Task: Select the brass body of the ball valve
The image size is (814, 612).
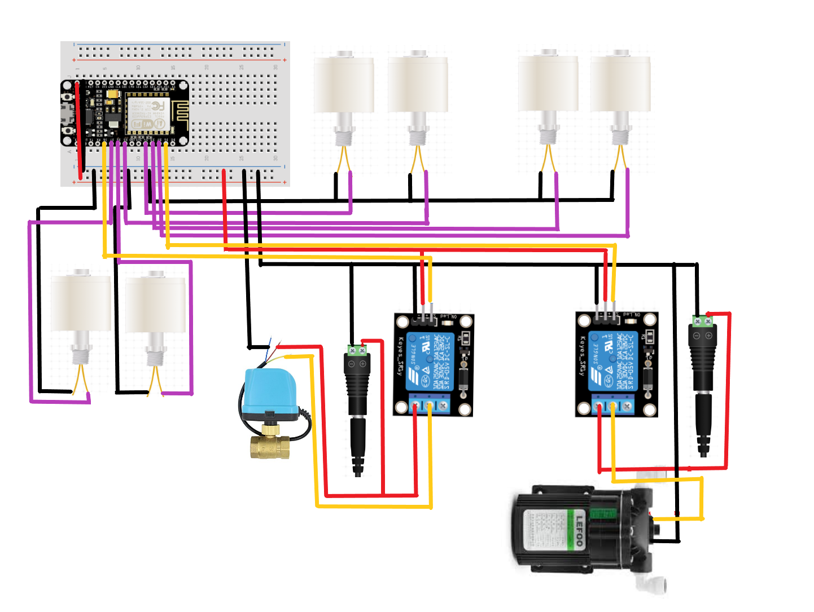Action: pyautogui.click(x=270, y=446)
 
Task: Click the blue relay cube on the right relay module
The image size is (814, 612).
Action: pyautogui.click(x=613, y=361)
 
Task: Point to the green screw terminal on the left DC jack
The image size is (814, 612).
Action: pyautogui.click(x=357, y=350)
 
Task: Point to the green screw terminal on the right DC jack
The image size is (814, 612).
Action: pyautogui.click(x=702, y=321)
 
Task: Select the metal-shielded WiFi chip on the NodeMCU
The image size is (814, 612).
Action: pyautogui.click(x=146, y=115)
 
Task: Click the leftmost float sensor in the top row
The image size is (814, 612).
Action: pyautogui.click(x=344, y=85)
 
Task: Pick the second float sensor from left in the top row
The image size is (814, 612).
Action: pyautogui.click(x=418, y=85)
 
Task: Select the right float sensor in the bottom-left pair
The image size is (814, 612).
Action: pyautogui.click(x=156, y=305)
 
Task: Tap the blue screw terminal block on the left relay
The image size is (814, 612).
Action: pyautogui.click(x=430, y=404)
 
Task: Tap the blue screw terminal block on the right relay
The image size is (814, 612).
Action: pyautogui.click(x=612, y=404)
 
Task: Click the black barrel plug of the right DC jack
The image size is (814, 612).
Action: pyautogui.click(x=703, y=423)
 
